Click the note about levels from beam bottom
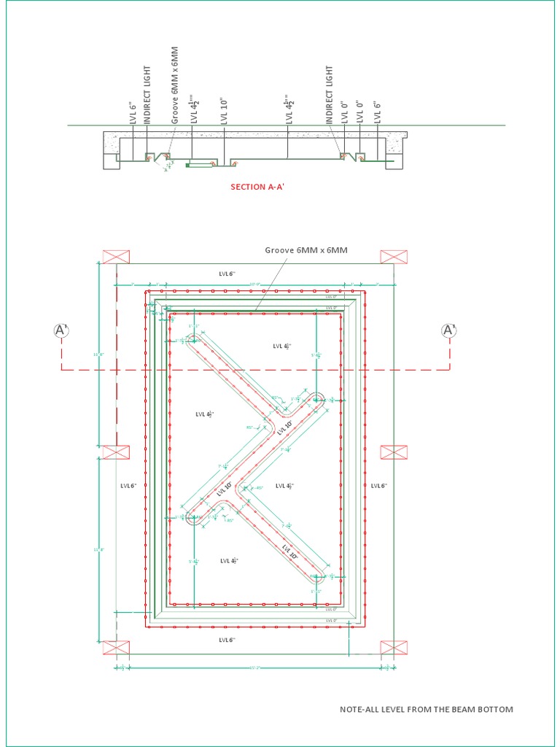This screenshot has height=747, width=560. click(x=427, y=709)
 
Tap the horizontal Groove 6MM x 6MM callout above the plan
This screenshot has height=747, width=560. click(x=306, y=250)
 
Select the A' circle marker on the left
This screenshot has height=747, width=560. click(x=61, y=330)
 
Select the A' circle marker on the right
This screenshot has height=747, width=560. click(x=448, y=330)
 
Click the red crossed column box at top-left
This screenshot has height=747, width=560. click(x=116, y=256)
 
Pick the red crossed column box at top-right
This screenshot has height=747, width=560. click(x=394, y=256)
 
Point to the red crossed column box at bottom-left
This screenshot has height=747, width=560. click(x=116, y=647)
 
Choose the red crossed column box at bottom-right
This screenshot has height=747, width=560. click(x=394, y=647)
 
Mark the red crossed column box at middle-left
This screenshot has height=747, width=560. click(x=116, y=452)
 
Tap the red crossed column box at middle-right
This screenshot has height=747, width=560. click(x=394, y=452)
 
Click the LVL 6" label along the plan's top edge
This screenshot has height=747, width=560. click(x=227, y=274)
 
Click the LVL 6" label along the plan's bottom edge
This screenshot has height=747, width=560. click(x=227, y=640)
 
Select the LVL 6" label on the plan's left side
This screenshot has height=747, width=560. click(x=128, y=485)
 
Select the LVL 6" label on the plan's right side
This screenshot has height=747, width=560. click(x=378, y=485)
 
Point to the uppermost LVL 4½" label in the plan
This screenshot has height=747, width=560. click(x=282, y=346)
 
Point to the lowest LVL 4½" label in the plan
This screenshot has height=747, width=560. click(x=229, y=560)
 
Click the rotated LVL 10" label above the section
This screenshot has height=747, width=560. click(x=225, y=110)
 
